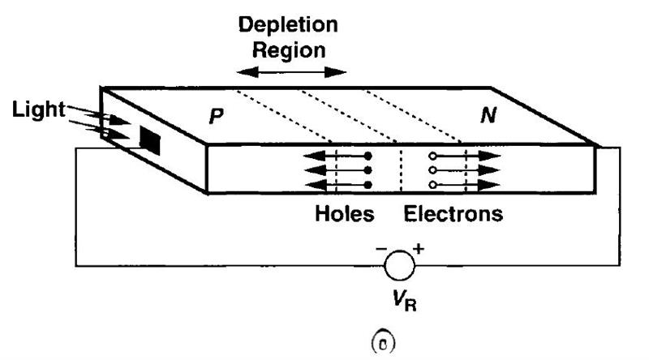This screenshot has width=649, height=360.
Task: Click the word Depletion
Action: click(288, 25)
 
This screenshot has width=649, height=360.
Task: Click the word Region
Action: click(289, 50)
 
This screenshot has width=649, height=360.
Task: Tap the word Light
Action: click(38, 110)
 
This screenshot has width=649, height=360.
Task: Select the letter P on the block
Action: click(216, 116)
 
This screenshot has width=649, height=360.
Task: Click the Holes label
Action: click(344, 214)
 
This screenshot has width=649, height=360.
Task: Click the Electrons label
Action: click(453, 214)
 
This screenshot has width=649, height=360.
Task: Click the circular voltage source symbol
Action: click(399, 266)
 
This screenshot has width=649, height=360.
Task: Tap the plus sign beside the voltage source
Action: click(419, 249)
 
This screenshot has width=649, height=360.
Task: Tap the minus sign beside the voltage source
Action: click(381, 249)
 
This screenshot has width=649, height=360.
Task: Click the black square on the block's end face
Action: click(150, 141)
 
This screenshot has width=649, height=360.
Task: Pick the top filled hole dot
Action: click(367, 156)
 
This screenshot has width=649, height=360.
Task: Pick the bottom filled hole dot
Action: click(367, 185)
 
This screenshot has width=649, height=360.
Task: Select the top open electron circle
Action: click(432, 156)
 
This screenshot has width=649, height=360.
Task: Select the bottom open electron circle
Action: click(432, 185)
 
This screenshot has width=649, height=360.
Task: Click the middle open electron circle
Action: click(432, 170)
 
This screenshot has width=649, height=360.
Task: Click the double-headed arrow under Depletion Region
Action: click(291, 72)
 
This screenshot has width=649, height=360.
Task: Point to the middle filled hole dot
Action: click(367, 170)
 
